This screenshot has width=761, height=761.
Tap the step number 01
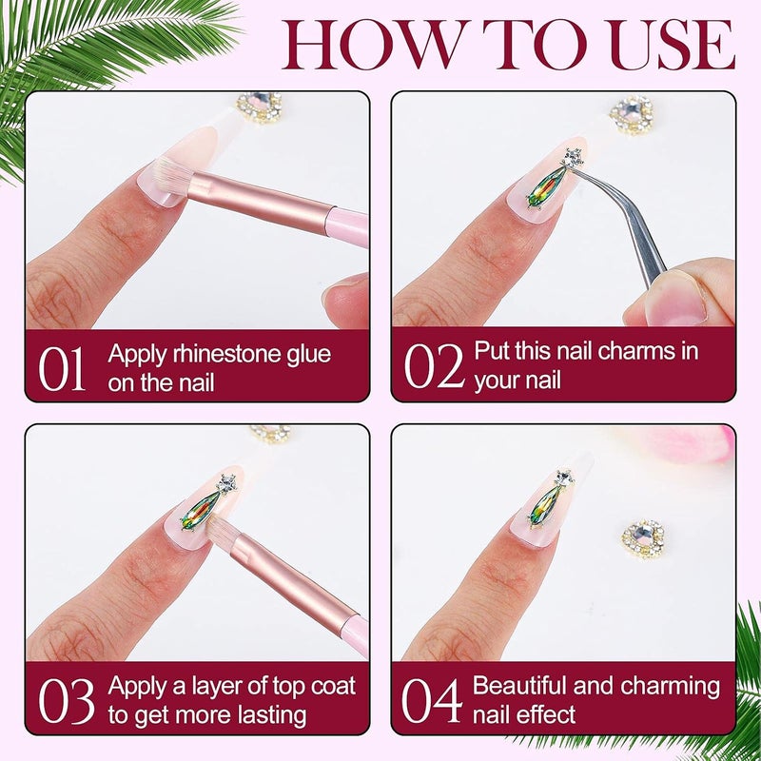click(62, 369)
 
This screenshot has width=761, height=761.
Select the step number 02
click(434, 365)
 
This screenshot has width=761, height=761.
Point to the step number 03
click(66, 701)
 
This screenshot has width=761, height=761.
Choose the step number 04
click(431, 700)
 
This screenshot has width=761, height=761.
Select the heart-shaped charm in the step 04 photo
click(643, 538)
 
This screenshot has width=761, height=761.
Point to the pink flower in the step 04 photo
click(679, 442)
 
